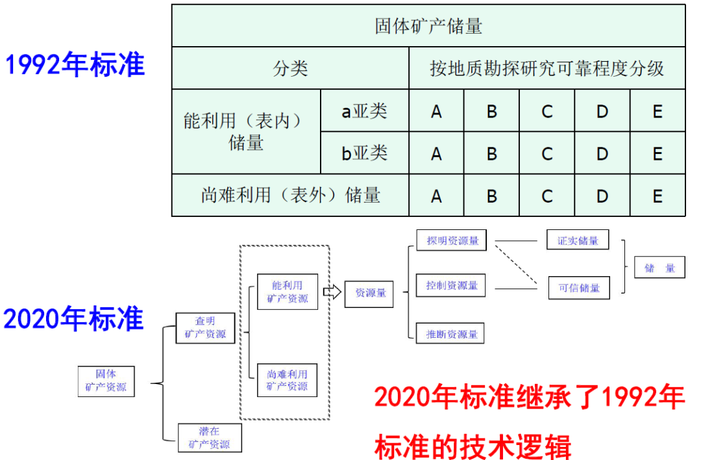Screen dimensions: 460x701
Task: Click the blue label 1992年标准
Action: [75, 65]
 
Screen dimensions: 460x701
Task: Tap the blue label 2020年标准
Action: [73, 319]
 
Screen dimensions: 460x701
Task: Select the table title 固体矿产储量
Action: [428, 26]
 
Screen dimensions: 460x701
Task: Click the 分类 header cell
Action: [290, 68]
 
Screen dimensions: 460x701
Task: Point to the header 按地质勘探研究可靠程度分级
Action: [547, 68]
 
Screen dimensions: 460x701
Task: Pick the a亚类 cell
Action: [365, 111]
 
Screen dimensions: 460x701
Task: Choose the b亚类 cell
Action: [365, 153]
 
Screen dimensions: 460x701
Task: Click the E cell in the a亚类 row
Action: [658, 111]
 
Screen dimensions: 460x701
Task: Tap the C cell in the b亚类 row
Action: [547, 153]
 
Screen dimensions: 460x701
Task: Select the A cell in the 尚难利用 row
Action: [436, 195]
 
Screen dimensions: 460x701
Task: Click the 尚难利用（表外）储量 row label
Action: [290, 195]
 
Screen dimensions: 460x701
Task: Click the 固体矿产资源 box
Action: [106, 381]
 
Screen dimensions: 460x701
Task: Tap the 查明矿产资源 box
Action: [205, 327]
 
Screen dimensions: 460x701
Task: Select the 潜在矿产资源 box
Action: [209, 438]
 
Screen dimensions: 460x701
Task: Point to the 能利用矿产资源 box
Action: [287, 292]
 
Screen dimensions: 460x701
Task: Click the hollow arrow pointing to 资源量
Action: [332, 292]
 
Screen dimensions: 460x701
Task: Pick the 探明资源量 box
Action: [452, 240]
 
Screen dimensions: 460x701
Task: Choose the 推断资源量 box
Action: [452, 334]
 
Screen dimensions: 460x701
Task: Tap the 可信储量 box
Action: [579, 288]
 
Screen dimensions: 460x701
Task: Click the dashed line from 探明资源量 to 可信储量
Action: [518, 263]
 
